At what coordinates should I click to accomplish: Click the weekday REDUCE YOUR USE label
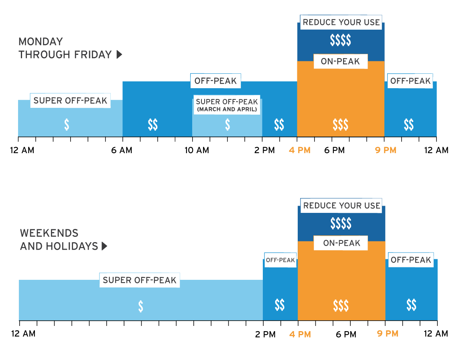pyautogui.click(x=341, y=22)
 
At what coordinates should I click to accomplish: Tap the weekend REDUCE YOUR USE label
pyautogui.click(x=341, y=206)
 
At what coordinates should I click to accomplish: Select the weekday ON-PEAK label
pyautogui.click(x=340, y=62)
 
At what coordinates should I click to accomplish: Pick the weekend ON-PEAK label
pyautogui.click(x=341, y=243)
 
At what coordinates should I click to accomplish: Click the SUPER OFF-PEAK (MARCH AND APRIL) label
pyautogui.click(x=227, y=105)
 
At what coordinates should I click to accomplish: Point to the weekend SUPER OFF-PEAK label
pyautogui.click(x=139, y=280)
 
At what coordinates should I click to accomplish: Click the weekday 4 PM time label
pyautogui.click(x=300, y=150)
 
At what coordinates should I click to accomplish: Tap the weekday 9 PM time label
pyautogui.click(x=386, y=150)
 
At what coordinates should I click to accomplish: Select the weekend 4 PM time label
pyautogui.click(x=300, y=334)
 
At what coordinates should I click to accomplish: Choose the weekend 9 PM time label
pyautogui.click(x=388, y=334)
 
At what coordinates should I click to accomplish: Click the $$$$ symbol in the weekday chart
pyautogui.click(x=340, y=40)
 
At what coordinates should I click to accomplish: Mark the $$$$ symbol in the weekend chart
pyautogui.click(x=341, y=223)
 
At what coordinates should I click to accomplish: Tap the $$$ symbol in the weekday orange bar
pyautogui.click(x=340, y=125)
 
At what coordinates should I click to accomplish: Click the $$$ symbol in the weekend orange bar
pyautogui.click(x=341, y=306)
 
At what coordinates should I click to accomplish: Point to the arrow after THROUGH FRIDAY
pyautogui.click(x=119, y=55)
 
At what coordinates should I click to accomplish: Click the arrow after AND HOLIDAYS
pyautogui.click(x=105, y=246)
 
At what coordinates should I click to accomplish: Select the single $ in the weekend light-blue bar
pyautogui.click(x=140, y=306)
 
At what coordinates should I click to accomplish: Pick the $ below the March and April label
pyautogui.click(x=227, y=125)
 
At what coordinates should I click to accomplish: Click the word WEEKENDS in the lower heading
pyautogui.click(x=49, y=233)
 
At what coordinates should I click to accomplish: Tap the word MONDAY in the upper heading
pyautogui.click(x=41, y=42)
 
